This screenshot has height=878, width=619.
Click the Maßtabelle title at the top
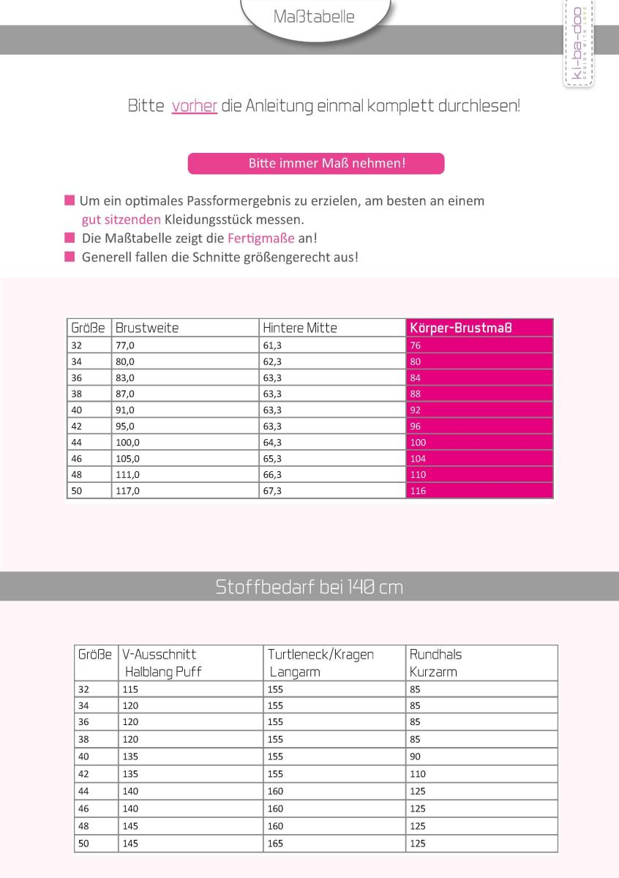point(313,16)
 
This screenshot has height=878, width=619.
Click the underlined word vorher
point(194,106)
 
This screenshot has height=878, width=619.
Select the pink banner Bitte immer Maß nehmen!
point(316,163)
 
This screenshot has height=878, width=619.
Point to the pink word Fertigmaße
point(261,239)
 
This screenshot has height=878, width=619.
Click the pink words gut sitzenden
point(121,219)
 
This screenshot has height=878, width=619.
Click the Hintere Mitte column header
point(300,328)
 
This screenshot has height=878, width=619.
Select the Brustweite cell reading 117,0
point(127,491)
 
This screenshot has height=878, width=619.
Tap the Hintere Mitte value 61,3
point(272,345)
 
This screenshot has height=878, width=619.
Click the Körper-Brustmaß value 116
point(418,491)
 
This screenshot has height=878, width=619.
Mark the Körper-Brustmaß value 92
point(416,410)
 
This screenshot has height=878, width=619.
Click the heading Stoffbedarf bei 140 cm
point(309,587)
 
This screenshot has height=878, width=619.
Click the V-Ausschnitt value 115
point(130,689)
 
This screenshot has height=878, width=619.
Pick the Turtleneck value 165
point(275,844)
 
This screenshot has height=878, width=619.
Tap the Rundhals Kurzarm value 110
point(417,773)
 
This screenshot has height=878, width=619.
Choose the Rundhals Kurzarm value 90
point(415,757)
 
